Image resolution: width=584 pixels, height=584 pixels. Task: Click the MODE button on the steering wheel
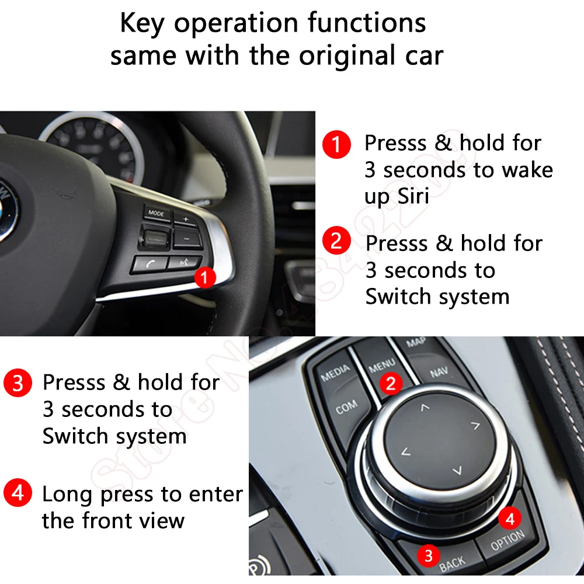(x=156, y=213)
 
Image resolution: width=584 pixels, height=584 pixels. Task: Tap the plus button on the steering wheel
(x=186, y=220)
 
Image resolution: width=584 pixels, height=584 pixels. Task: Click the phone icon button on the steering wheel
(x=150, y=263)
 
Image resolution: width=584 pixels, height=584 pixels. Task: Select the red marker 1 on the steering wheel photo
(x=204, y=277)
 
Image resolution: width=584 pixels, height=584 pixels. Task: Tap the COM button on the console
(x=346, y=407)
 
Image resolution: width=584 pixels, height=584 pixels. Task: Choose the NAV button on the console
(x=439, y=372)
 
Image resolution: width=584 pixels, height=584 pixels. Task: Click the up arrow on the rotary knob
(x=425, y=407)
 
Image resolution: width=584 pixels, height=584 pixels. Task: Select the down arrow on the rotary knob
(x=457, y=471)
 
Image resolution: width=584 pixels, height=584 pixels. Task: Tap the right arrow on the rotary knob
(x=475, y=425)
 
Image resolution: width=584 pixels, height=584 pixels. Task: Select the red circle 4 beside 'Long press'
(x=18, y=494)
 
